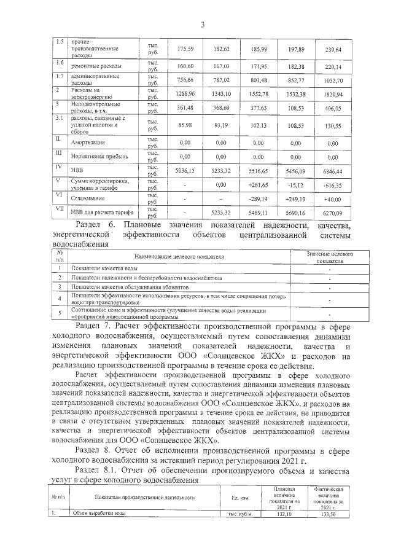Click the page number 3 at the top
pos(202,24)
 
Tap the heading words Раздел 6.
pos(98,225)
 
